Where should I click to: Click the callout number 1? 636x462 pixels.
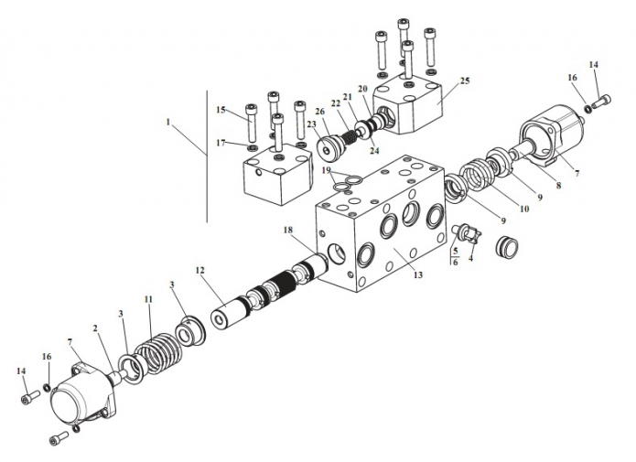tap(168, 122)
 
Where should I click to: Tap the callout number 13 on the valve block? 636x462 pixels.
tap(418, 274)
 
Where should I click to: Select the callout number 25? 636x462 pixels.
tap(465, 81)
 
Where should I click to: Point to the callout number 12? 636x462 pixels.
tap(200, 270)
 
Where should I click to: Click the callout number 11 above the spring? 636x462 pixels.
tap(148, 299)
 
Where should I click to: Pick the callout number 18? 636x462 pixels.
tap(287, 230)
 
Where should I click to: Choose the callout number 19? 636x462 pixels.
tap(327, 170)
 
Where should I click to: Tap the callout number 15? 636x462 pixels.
tap(221, 110)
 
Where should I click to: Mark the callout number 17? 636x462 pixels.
tap(221, 143)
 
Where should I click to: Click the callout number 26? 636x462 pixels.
tap(319, 111)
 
